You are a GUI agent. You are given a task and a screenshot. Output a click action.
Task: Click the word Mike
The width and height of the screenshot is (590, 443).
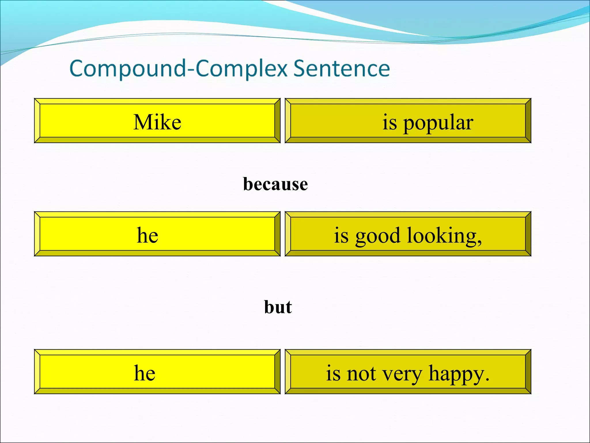click(x=157, y=122)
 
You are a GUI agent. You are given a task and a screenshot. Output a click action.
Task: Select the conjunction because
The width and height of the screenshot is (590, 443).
click(x=275, y=184)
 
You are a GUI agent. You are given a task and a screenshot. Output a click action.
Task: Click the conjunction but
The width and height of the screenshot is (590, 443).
click(x=278, y=307)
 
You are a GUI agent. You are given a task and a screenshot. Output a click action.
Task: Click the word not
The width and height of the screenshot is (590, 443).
click(x=361, y=374)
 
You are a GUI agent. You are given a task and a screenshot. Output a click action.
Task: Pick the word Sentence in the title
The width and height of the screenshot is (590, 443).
click(x=342, y=69)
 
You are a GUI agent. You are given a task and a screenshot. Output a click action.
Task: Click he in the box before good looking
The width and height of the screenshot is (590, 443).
click(x=147, y=235)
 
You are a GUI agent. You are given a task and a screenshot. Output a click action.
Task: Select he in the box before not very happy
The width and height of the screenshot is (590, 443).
click(x=145, y=373)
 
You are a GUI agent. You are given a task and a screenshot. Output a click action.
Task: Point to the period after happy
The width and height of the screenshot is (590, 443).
click(x=487, y=380)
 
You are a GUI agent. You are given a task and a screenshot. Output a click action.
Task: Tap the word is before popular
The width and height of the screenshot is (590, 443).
click(x=389, y=122)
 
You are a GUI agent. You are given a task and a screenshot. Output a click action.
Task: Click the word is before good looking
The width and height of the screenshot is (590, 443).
click(x=341, y=235)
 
